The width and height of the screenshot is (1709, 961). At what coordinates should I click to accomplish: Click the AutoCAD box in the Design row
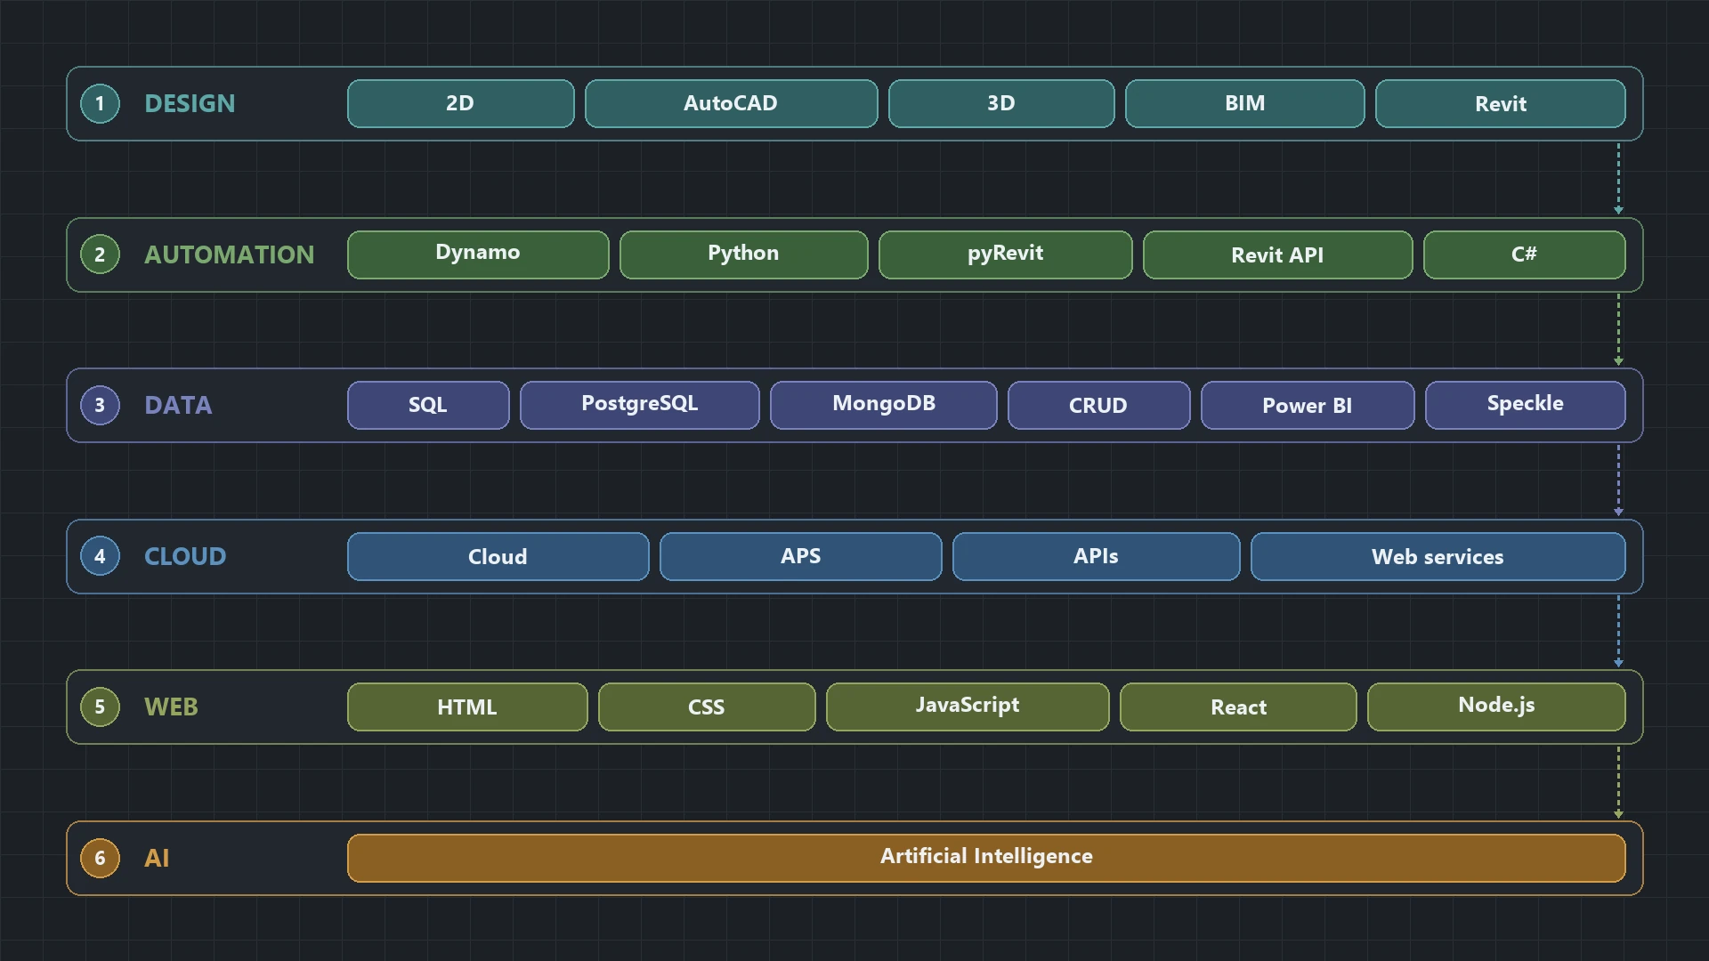tap(731, 103)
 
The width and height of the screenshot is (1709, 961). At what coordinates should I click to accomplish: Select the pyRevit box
tap(1005, 254)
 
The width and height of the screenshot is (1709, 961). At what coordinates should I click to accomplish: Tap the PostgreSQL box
tap(639, 405)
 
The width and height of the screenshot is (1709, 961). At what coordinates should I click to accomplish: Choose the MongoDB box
tap(883, 405)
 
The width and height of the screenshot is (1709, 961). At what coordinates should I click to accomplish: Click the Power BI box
tap(1307, 405)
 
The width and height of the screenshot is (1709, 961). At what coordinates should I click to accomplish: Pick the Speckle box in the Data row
tap(1525, 405)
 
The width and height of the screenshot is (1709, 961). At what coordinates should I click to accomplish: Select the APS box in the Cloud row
tap(800, 556)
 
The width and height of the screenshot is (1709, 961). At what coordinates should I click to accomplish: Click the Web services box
tap(1438, 556)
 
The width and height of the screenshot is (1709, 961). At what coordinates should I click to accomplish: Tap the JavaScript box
tap(968, 707)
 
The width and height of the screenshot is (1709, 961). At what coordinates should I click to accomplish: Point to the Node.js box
tap(1496, 707)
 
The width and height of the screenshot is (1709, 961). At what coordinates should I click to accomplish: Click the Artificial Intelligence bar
tap(986, 858)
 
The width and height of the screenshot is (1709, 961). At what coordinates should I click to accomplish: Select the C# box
tap(1524, 254)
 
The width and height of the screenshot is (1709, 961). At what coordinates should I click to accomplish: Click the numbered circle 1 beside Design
tap(100, 103)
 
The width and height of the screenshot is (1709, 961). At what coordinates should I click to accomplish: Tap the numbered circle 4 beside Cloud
tap(100, 556)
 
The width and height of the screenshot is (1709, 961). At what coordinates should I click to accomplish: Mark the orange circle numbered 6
tap(100, 858)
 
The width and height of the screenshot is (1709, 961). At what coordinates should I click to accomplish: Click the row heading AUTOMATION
tap(229, 254)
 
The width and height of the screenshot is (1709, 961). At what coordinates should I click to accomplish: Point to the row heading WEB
tap(171, 707)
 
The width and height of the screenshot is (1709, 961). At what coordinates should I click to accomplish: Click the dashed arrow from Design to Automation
tap(1618, 178)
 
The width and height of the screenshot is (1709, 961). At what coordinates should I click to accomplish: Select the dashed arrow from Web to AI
tap(1618, 782)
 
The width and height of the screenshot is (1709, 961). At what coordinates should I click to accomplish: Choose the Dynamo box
tap(478, 254)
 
